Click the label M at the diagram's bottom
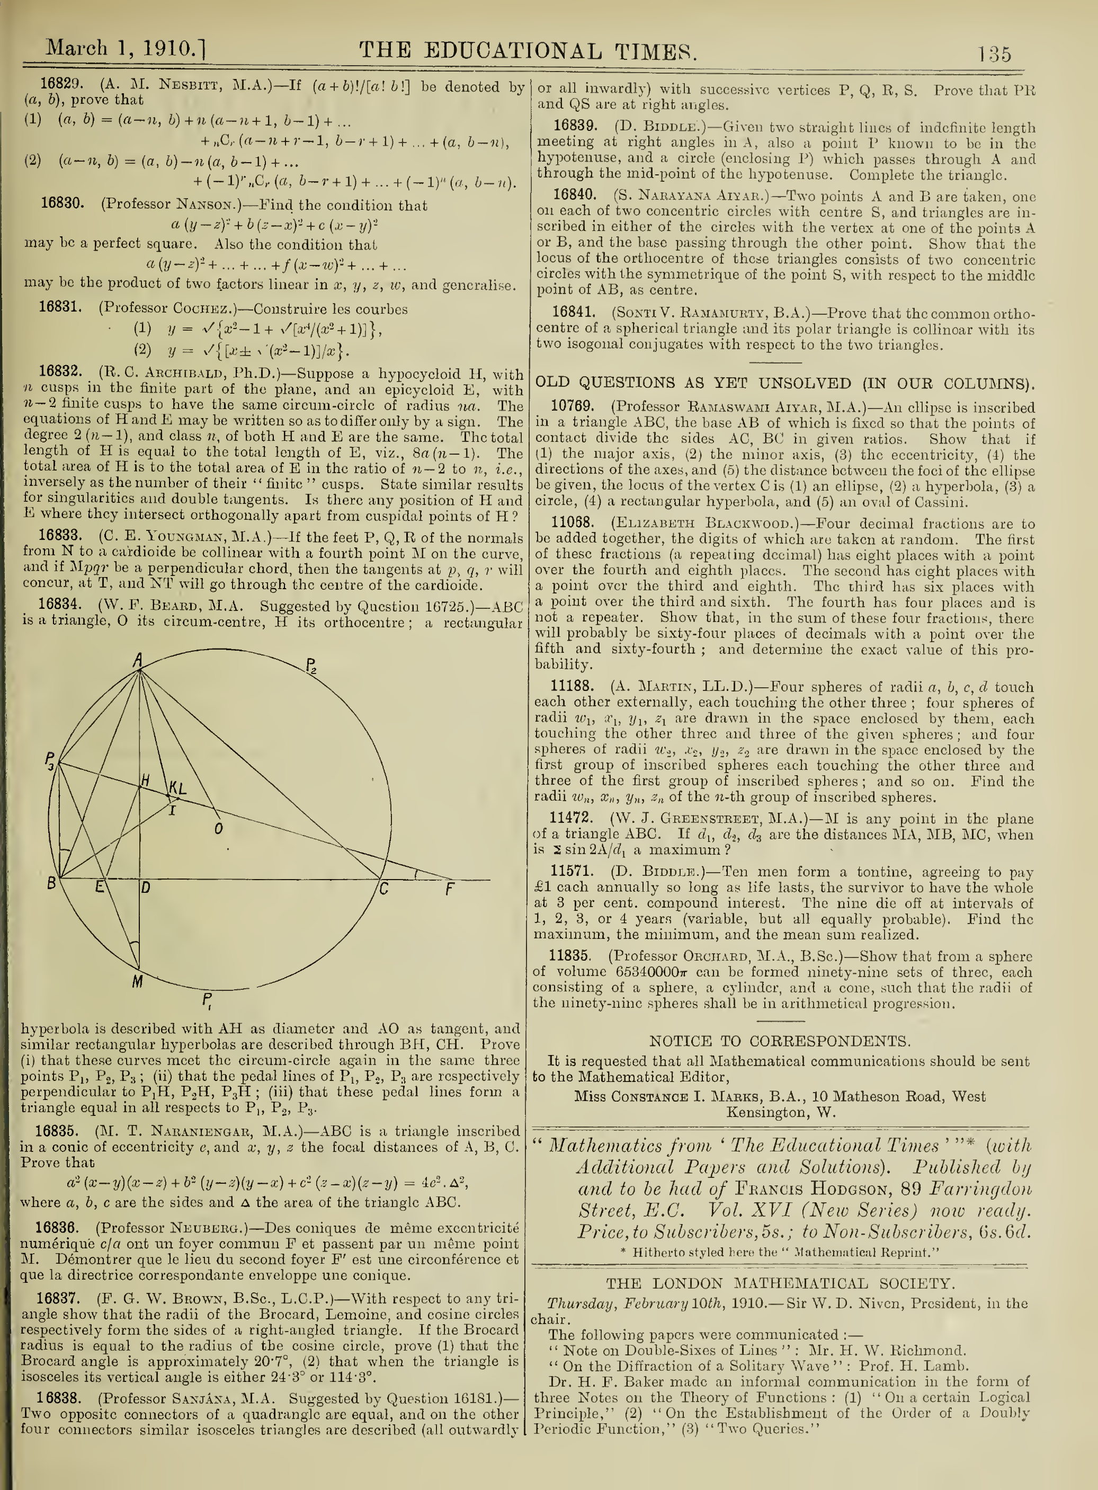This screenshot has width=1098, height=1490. point(137,981)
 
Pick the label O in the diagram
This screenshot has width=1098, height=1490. point(219,828)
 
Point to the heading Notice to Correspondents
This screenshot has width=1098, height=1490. point(780,1041)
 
